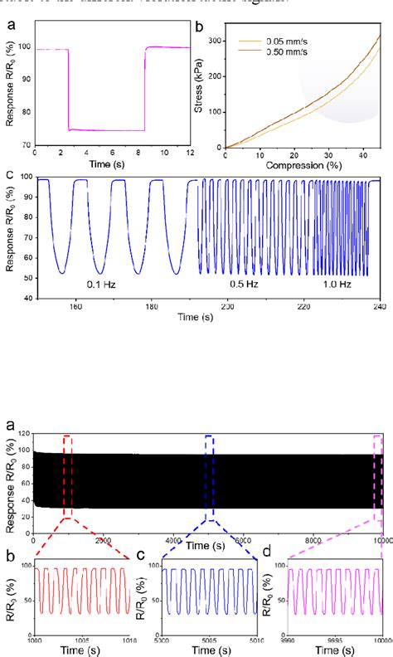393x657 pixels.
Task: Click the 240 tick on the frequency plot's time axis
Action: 381,306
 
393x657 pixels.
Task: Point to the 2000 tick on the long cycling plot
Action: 103,540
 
